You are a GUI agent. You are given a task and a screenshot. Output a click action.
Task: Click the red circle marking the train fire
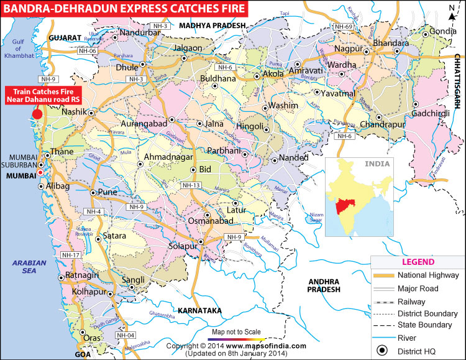pos(37,114)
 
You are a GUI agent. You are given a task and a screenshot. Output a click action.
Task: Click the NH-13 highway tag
pos(192,185)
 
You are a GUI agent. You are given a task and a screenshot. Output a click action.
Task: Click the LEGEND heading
pos(418,262)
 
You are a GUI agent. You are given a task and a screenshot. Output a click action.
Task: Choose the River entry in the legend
pos(414,338)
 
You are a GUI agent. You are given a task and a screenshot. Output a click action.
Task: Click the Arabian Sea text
pos(30,268)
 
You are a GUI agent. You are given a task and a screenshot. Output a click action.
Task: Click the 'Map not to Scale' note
pos(235,331)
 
